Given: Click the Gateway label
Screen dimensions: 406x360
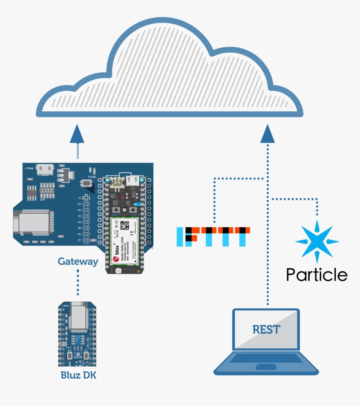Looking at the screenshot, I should pos(78,262).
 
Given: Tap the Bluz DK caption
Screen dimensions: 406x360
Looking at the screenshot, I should pos(78,375).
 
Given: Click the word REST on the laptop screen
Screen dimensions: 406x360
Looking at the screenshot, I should pos(266,329).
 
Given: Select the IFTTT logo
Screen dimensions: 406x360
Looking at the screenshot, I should pos(213,236).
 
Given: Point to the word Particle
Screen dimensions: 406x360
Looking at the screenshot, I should pos(316,275).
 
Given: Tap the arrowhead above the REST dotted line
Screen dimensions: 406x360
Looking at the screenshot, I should pos(267,134).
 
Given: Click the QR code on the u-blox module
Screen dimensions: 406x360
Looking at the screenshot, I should pos(124,225).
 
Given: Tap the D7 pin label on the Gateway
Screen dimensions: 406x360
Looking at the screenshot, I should pos(79,241).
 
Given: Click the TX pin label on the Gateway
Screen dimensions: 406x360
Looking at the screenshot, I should pos(79,198).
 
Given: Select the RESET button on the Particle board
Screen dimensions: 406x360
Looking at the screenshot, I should pos(134,209).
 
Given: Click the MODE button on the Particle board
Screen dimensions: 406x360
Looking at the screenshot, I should pos(113,209).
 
